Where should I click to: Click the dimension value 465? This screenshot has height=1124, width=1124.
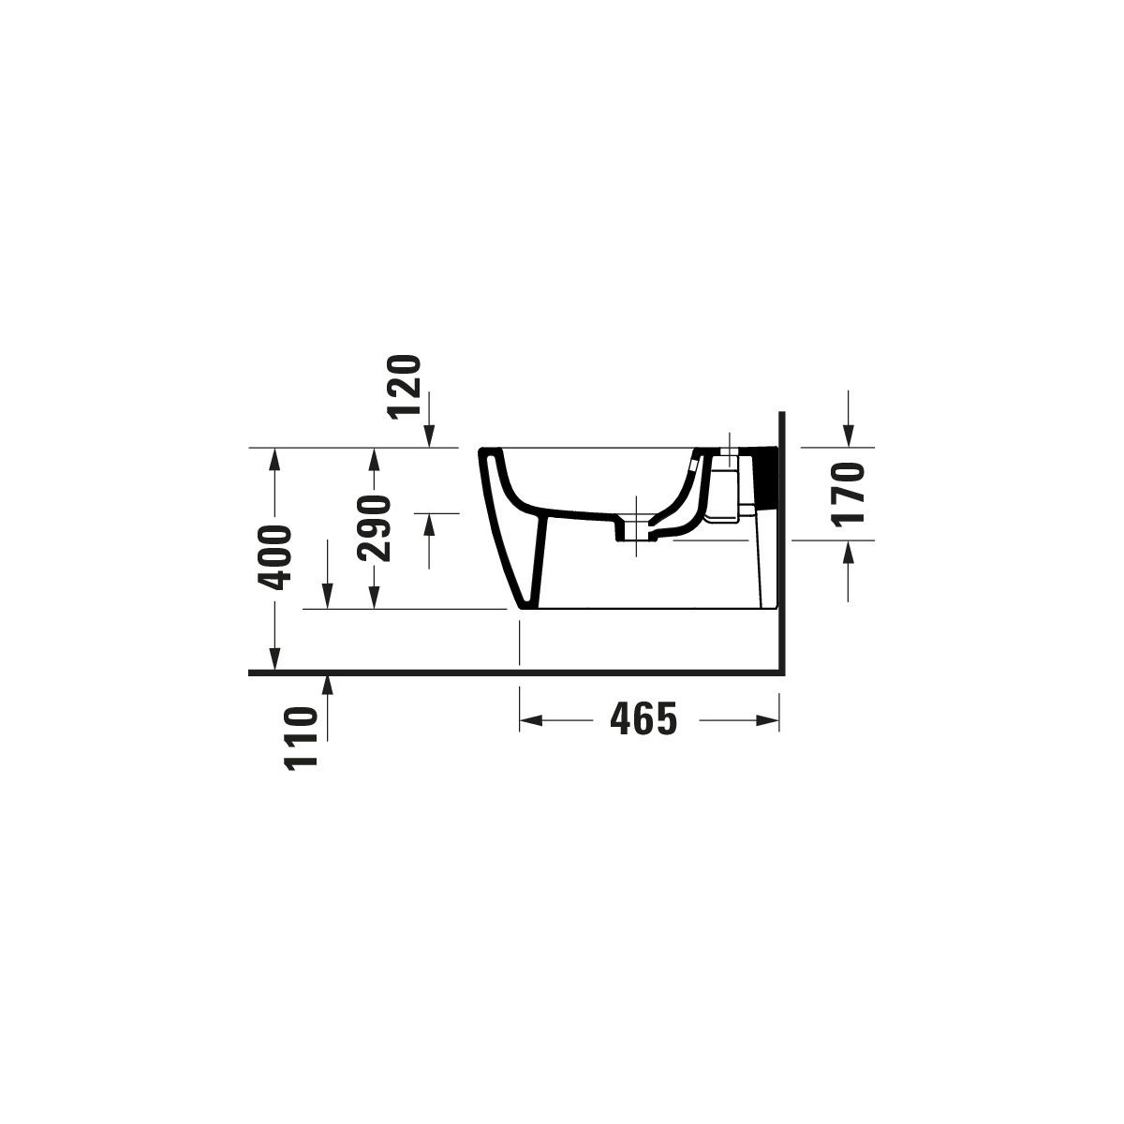643,718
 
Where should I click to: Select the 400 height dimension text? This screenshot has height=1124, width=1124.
274,557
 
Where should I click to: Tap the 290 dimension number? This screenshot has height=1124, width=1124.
375,528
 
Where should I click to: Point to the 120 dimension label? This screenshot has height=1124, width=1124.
405,387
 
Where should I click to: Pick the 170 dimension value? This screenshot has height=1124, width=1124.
847,495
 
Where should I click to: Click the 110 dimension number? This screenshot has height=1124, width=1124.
301,738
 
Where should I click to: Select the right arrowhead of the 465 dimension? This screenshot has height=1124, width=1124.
768,721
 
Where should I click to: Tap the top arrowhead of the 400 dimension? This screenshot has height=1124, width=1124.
274,459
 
